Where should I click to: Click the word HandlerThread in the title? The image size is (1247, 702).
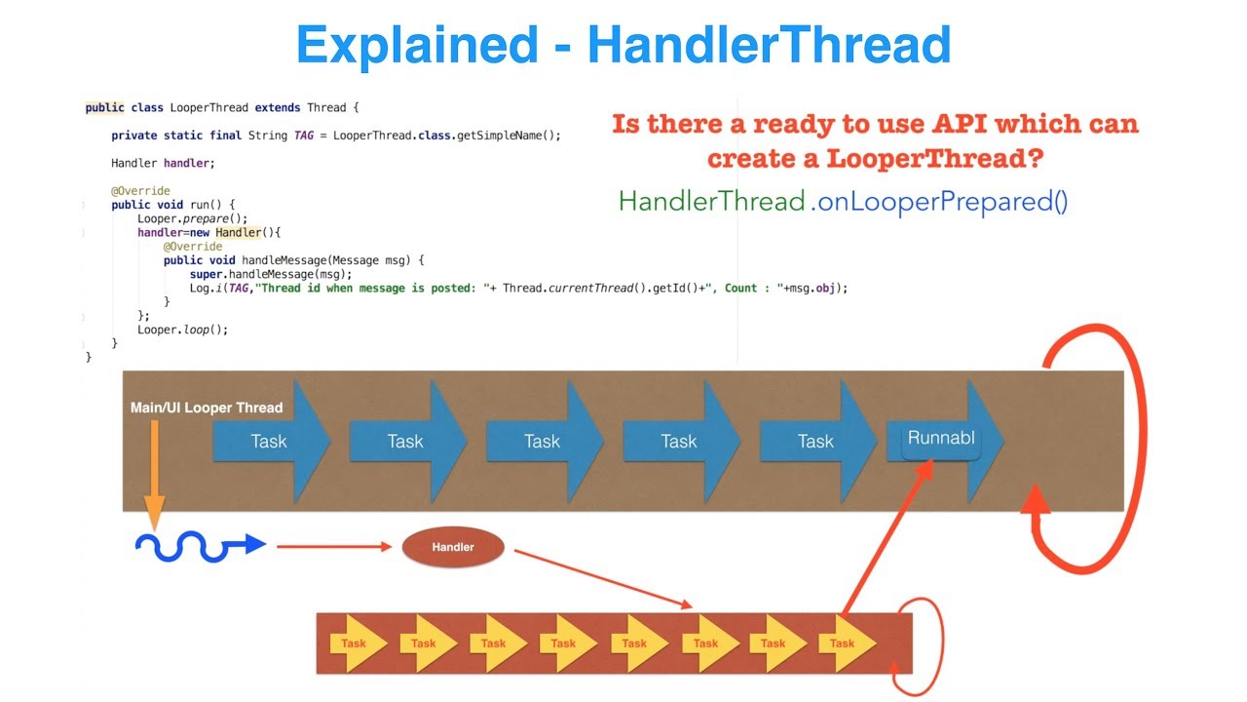tap(769, 45)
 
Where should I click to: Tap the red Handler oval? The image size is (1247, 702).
tap(453, 547)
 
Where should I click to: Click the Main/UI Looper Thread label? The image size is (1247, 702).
tap(207, 408)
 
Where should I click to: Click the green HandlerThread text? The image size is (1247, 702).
tap(711, 202)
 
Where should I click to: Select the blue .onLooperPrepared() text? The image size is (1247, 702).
tap(940, 202)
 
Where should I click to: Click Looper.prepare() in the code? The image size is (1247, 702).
tap(179, 219)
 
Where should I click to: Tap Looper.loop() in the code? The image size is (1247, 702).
tap(182, 330)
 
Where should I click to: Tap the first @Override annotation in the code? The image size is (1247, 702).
tap(140, 191)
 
